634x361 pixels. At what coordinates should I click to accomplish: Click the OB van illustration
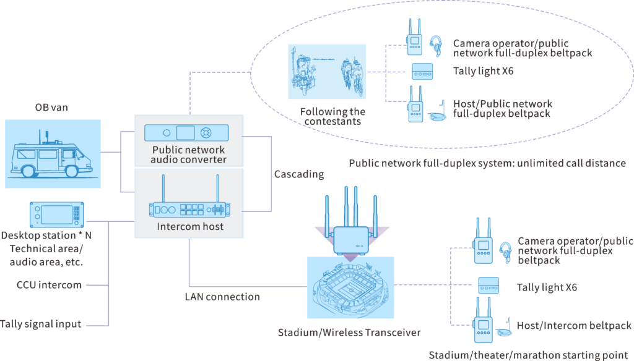coord(53,154)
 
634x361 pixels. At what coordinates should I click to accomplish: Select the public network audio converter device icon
coord(186,133)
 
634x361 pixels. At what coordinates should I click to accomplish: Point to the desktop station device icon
coord(56,215)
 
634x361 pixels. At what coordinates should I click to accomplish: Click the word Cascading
coord(299,174)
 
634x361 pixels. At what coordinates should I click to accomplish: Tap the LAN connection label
coord(222,297)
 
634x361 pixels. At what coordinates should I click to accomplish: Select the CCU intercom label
coord(49,285)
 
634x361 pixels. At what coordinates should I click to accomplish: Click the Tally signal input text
coord(40,325)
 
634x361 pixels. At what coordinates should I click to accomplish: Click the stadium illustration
coord(350,287)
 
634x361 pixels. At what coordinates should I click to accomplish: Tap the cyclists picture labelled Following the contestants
coord(327,72)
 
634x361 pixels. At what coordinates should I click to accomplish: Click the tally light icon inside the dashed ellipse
coord(422,72)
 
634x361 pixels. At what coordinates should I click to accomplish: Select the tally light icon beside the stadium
coord(489,286)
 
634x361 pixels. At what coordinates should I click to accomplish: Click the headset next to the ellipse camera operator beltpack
coord(436,45)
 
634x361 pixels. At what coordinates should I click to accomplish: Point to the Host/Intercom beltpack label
coord(574,326)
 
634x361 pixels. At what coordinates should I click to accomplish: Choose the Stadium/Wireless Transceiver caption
coord(349,333)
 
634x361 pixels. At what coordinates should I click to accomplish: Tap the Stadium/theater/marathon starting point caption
coord(529,355)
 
